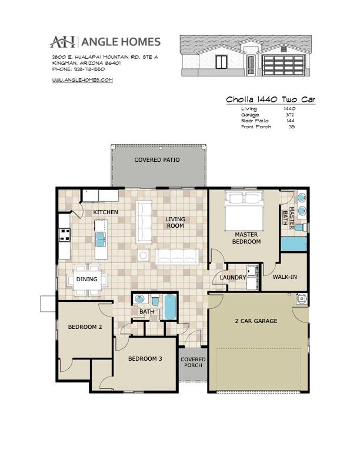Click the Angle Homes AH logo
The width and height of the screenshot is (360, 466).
click(x=62, y=42)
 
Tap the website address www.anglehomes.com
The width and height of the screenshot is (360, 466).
click(x=82, y=80)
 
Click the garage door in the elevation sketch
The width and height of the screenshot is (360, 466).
click(x=283, y=65)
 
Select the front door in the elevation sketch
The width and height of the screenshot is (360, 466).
click(x=251, y=65)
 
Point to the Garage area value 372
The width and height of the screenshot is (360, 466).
click(x=289, y=115)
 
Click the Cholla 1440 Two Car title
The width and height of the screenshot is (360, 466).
click(x=271, y=99)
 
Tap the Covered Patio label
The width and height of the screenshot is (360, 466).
click(x=157, y=160)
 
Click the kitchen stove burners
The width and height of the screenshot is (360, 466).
click(x=65, y=235)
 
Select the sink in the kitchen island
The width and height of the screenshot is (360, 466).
click(x=101, y=239)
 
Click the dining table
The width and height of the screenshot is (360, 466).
click(x=87, y=279)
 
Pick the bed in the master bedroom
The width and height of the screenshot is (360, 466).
click(x=244, y=211)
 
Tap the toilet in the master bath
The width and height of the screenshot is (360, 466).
click(x=301, y=228)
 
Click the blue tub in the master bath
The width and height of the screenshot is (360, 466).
click(x=294, y=244)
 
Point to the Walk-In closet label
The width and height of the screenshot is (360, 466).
click(x=285, y=277)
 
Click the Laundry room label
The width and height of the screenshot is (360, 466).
click(x=233, y=278)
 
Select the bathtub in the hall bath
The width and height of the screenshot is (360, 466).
click(x=170, y=307)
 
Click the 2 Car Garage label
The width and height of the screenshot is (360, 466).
click(x=256, y=321)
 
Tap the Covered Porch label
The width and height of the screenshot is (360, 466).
click(x=193, y=362)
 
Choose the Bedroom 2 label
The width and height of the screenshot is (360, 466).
click(x=85, y=327)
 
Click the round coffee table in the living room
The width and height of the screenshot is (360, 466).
click(x=143, y=255)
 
